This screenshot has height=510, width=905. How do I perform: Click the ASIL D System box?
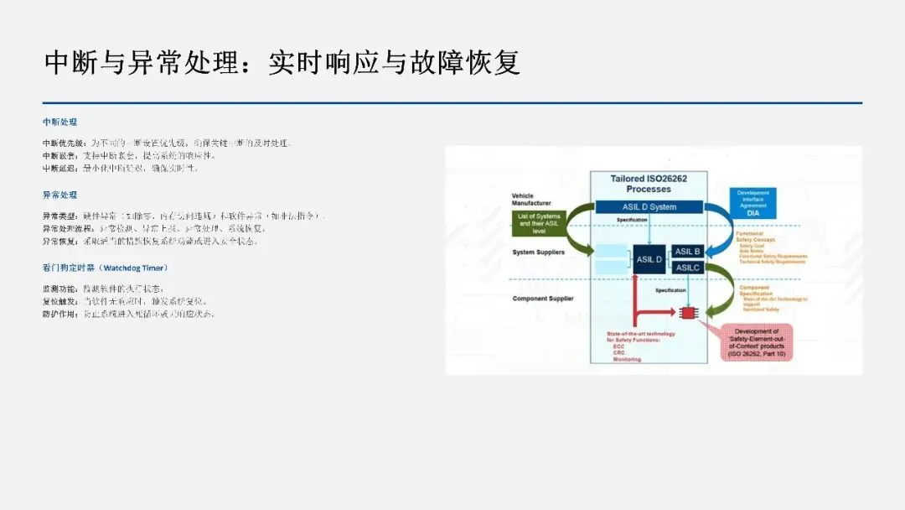(649, 206)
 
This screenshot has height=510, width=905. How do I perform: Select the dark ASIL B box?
(687, 251)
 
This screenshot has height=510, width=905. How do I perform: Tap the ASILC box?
(687, 268)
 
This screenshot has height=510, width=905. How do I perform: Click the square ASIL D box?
(649, 259)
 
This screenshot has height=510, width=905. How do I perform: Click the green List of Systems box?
(539, 221)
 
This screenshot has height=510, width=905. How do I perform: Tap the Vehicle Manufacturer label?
(531, 200)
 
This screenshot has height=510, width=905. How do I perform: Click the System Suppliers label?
(538, 252)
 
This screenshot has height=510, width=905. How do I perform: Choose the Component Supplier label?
(542, 299)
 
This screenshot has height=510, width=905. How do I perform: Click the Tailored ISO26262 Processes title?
(649, 184)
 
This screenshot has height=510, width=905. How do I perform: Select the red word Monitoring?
(627, 359)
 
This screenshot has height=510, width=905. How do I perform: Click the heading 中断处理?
(59, 122)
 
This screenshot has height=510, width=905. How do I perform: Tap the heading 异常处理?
(59, 195)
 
